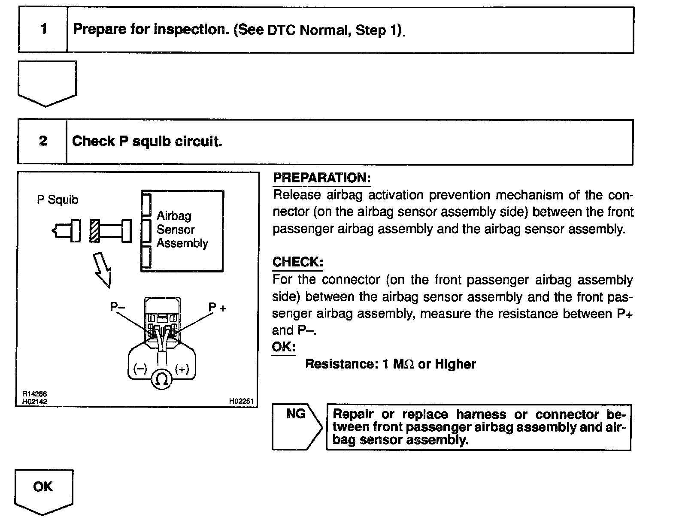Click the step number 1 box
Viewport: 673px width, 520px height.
43,30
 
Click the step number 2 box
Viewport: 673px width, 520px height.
42,141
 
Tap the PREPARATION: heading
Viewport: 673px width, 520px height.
321,178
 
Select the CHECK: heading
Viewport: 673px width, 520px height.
297,262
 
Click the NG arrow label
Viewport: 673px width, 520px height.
296,414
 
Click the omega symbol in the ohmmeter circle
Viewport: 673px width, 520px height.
162,379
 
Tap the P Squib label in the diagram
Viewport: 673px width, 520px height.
58,200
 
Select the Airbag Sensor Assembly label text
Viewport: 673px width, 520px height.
182,230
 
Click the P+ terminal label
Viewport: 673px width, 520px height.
217,308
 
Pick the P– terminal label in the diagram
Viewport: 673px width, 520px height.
117,307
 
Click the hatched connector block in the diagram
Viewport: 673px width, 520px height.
94,231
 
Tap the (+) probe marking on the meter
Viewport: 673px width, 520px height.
182,369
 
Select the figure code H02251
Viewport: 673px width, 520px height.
241,402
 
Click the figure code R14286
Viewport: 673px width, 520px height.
35,394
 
